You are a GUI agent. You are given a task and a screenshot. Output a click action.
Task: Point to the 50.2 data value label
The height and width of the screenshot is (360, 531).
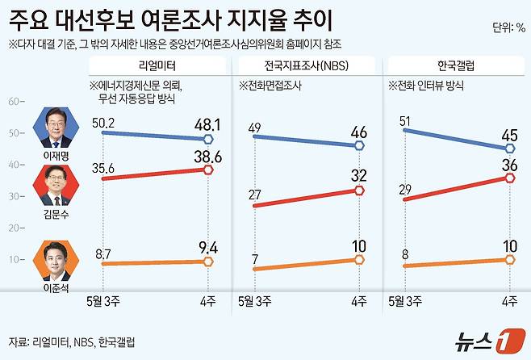[x=104, y=122]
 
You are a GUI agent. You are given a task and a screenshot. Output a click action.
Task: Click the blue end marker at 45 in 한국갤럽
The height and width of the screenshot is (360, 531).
[x=509, y=149]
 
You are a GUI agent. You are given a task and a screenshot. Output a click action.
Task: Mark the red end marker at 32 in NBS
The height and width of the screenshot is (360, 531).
[x=359, y=190]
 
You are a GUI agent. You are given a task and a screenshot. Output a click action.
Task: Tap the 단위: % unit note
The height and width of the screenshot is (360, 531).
[x=508, y=27]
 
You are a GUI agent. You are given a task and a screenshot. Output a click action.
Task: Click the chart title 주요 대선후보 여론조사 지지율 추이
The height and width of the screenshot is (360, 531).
[x=170, y=18]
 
